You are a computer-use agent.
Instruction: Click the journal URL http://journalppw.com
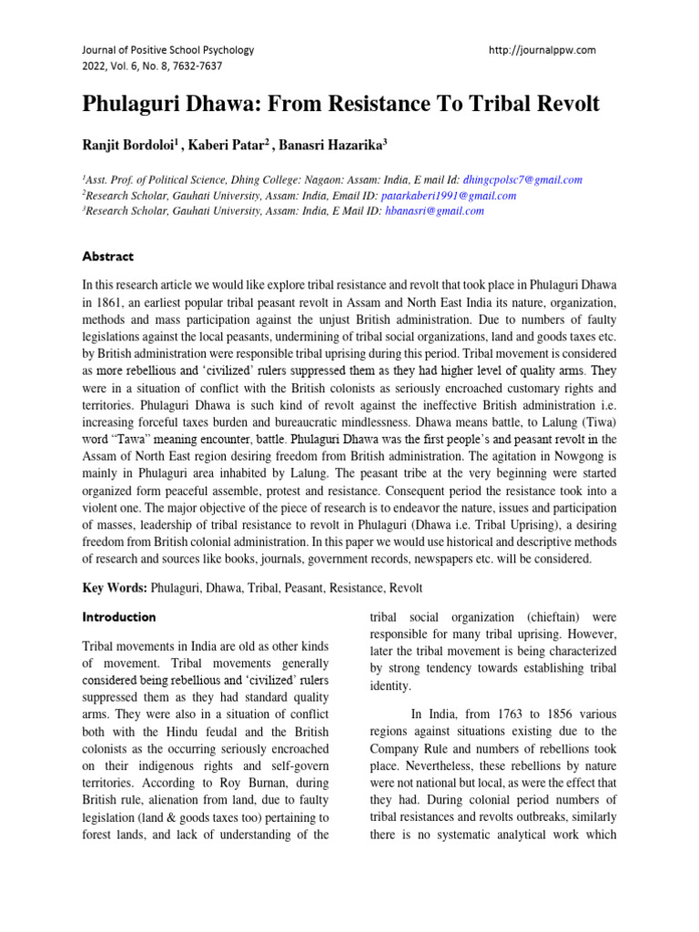542,50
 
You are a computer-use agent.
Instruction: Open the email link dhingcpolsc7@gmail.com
522,180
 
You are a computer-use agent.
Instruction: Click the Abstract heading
108,257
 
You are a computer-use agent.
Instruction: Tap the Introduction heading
119,617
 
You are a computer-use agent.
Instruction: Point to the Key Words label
115,589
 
